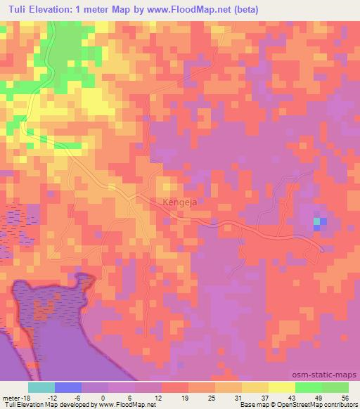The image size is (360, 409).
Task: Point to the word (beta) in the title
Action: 222,10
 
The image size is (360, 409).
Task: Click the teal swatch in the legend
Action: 41,387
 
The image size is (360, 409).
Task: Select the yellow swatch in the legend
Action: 282,387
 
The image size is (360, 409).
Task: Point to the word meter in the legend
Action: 11,398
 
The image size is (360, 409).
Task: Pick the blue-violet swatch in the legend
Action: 68,387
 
